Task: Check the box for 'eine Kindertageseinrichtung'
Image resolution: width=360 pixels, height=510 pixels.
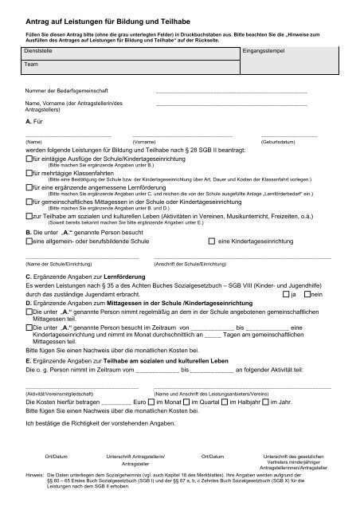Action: pyautogui.click(x=211, y=240)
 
